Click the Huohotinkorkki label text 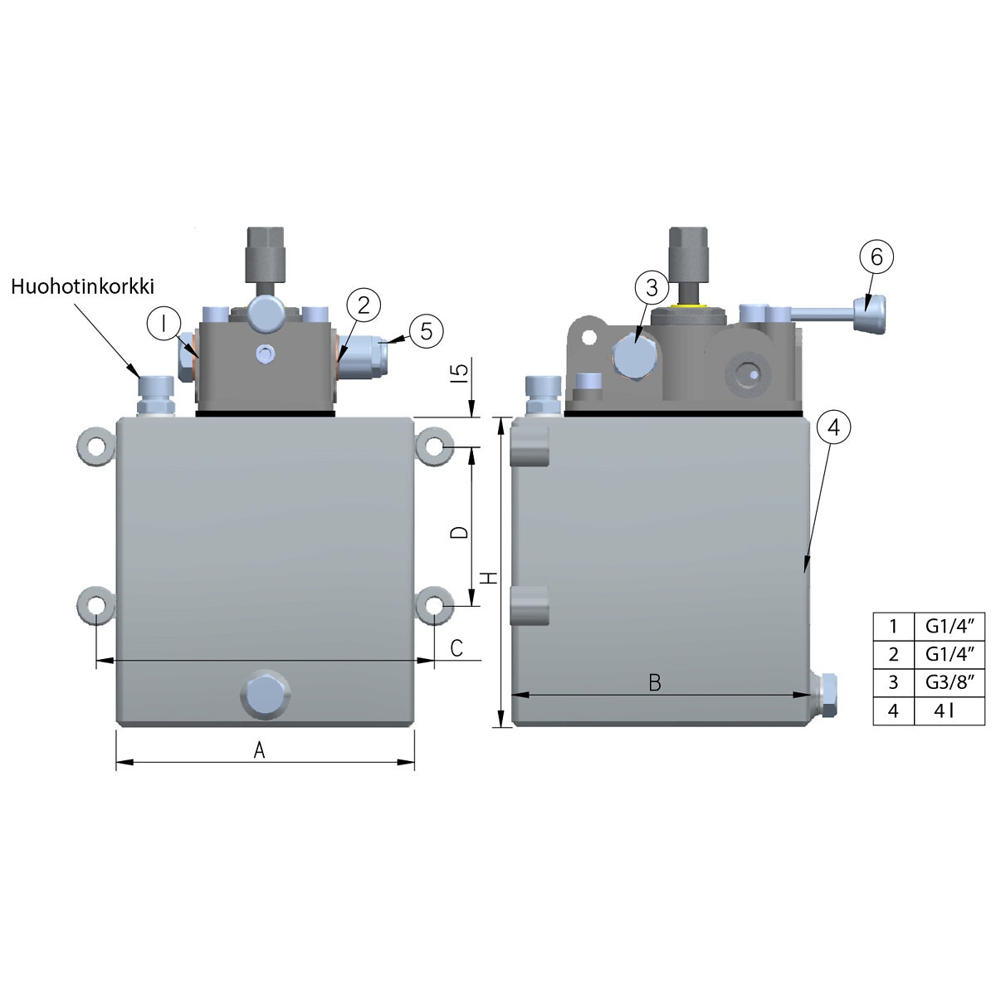83,286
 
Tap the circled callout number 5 426,331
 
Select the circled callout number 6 876,256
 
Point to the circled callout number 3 652,287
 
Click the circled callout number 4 833,427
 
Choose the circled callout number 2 364,305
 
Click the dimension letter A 260,750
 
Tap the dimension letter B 654,683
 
